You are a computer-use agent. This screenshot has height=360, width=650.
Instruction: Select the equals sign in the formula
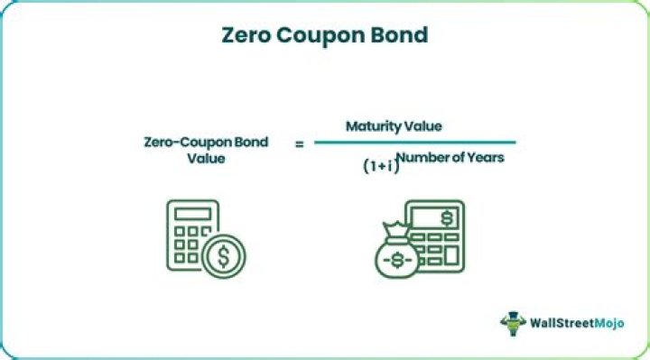[299, 143]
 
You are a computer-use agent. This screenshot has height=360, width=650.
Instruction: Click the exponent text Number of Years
[450, 158]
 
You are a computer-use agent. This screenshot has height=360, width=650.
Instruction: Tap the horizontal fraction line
[414, 142]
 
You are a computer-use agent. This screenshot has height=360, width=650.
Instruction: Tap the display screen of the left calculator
[192, 214]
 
